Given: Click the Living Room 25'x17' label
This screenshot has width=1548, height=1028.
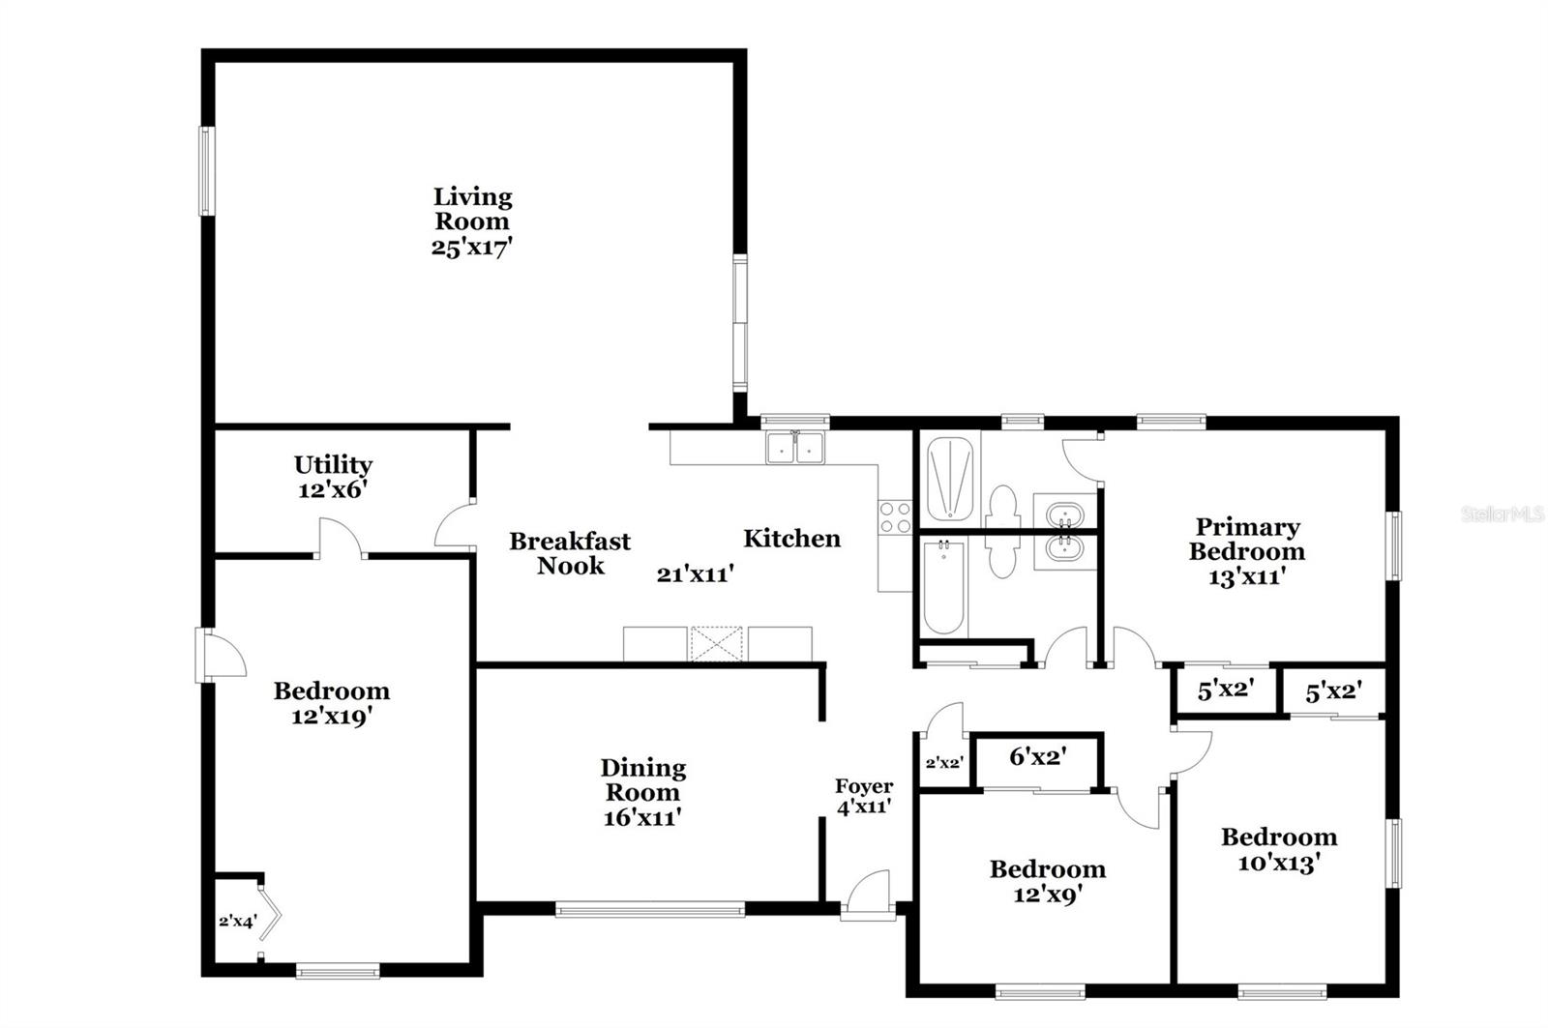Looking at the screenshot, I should (472, 221).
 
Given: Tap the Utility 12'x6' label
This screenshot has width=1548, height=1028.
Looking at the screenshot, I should (334, 477).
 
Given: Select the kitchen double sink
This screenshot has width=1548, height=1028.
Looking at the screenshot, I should (795, 448).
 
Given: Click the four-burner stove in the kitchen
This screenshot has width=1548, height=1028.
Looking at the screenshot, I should (895, 517).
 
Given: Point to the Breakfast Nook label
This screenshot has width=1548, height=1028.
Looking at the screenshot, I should (570, 553).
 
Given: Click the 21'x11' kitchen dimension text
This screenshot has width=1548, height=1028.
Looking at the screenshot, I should (695, 574).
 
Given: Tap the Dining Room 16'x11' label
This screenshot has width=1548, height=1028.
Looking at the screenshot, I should (643, 792).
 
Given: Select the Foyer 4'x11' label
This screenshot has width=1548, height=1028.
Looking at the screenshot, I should (864, 796).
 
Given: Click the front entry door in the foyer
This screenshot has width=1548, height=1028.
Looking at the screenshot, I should (867, 895).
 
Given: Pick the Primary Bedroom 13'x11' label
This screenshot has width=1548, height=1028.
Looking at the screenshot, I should (1246, 551).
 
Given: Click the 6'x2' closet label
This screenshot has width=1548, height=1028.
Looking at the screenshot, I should (1037, 756).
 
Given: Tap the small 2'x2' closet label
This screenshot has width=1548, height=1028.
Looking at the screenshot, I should (943, 762).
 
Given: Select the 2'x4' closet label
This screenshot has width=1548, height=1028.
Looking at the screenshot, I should (237, 921).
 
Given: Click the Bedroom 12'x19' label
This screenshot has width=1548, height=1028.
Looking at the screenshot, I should (332, 703).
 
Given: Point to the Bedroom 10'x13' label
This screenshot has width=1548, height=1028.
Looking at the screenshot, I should (1279, 849).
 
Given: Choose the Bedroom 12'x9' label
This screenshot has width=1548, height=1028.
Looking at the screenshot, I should (1047, 881).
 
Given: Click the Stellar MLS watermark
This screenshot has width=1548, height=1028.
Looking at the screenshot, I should (1502, 514).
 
